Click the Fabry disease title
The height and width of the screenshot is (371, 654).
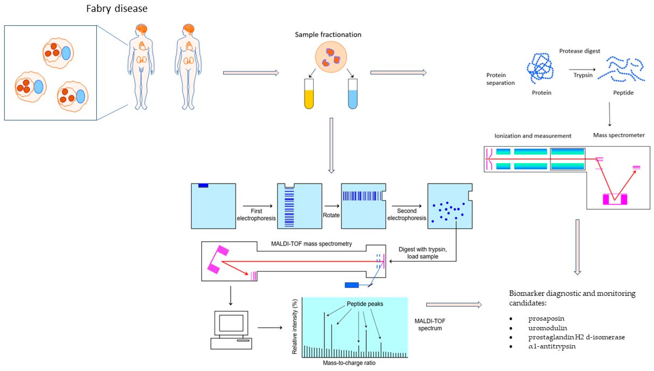click(x=117, y=9)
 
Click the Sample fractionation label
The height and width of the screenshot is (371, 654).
click(x=328, y=35)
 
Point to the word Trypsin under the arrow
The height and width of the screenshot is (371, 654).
click(x=583, y=75)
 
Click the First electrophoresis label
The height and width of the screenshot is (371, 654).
click(x=256, y=215)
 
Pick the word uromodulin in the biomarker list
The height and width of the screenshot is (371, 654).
click(x=548, y=328)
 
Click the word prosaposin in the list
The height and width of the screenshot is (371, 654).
click(x=546, y=319)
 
